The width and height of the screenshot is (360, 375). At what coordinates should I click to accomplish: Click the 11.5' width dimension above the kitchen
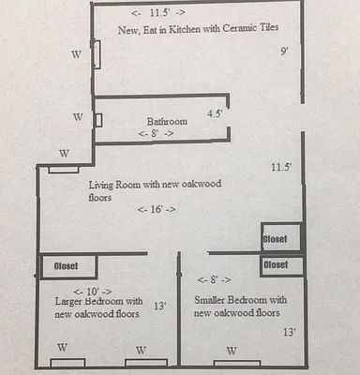coord(158,13)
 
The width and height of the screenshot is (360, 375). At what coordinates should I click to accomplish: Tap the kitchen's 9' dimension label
coord(283,52)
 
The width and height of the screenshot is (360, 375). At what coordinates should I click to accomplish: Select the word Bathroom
coord(168,122)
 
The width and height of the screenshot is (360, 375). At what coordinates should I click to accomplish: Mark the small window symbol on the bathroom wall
coord(98,119)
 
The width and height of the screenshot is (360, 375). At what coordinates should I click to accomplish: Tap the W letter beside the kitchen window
coord(76,54)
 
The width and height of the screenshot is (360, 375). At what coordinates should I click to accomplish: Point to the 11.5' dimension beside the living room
coord(281,167)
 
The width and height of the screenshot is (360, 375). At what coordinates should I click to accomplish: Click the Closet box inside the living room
coord(280,238)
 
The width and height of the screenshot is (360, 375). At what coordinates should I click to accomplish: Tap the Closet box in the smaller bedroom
coord(280,265)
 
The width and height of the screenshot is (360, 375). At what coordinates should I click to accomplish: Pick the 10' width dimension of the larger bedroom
coord(93,291)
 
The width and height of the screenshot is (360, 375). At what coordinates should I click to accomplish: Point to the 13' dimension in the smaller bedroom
coord(288,333)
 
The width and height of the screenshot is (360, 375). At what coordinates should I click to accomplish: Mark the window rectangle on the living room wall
coord(64,169)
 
